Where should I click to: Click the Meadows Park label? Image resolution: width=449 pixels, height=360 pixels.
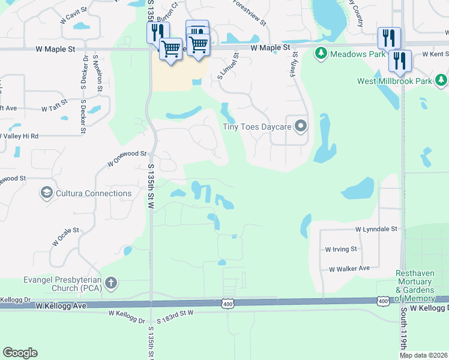click(352, 54)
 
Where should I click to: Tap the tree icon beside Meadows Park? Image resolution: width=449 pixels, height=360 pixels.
click(321, 54)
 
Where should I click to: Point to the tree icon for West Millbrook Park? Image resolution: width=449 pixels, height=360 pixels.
click(441, 79)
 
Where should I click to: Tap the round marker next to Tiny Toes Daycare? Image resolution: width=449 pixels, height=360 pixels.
click(301, 126)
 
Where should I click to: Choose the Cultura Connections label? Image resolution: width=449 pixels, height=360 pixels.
click(94, 193)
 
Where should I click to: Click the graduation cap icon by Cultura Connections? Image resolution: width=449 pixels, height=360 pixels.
click(46, 193)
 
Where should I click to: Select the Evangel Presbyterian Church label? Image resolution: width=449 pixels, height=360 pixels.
click(58, 283)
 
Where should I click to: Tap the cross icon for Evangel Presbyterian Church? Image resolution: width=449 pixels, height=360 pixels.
click(110, 283)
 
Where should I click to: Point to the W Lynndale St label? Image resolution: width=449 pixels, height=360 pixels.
click(376, 229)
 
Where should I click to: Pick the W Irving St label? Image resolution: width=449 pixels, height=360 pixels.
click(341, 249)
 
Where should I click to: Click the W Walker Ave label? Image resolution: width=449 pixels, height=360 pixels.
click(349, 269)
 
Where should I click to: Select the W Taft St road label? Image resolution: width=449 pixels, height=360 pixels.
click(55, 107)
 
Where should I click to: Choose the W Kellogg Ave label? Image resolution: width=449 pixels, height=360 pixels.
click(62, 306)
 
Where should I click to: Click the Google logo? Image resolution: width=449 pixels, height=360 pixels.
click(20, 353)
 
